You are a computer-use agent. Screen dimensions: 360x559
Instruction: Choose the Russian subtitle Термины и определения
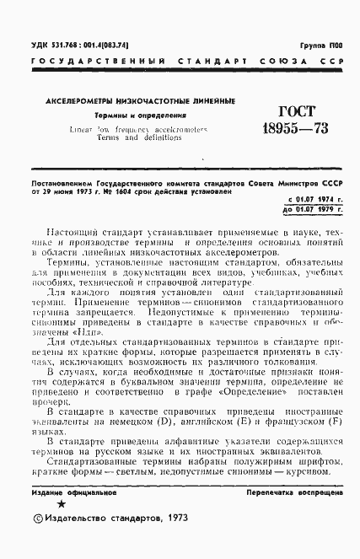pos(126,114)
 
